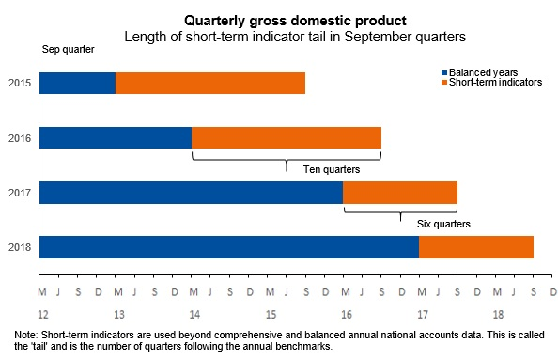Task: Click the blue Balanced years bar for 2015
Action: pos(77,83)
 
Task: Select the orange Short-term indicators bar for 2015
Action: pos(210,83)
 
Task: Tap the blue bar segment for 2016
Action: pos(116,137)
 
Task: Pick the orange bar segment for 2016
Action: pos(287,137)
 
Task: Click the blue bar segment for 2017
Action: pos(191,192)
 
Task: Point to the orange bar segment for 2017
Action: pos(400,192)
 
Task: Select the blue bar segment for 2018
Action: pos(229,246)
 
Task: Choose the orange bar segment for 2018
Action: pos(476,246)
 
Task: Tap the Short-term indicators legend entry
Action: pos(489,82)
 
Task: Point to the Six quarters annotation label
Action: pos(442,225)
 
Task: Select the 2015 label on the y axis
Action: pos(20,84)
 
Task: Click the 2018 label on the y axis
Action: pos(20,247)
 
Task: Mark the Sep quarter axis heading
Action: pos(68,49)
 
